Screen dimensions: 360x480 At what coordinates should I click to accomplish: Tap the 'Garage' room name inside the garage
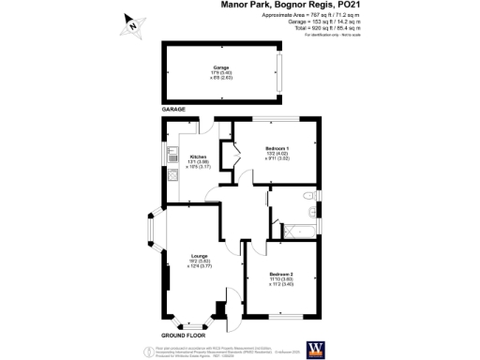click(221, 68)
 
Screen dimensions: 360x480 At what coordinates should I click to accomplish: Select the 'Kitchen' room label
click(198, 157)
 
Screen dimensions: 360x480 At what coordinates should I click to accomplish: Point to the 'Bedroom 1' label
click(275, 150)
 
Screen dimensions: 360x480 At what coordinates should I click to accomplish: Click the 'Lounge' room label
click(199, 255)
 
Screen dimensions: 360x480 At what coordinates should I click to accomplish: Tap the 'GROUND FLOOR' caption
click(183, 335)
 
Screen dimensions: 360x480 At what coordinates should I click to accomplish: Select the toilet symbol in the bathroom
click(308, 195)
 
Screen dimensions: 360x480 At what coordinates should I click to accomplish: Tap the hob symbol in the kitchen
click(172, 175)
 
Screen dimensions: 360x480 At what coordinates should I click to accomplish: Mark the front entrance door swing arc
click(222, 312)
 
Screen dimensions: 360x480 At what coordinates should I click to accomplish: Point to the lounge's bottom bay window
click(188, 323)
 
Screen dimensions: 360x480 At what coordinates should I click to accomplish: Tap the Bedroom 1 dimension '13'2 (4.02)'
click(275, 156)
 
